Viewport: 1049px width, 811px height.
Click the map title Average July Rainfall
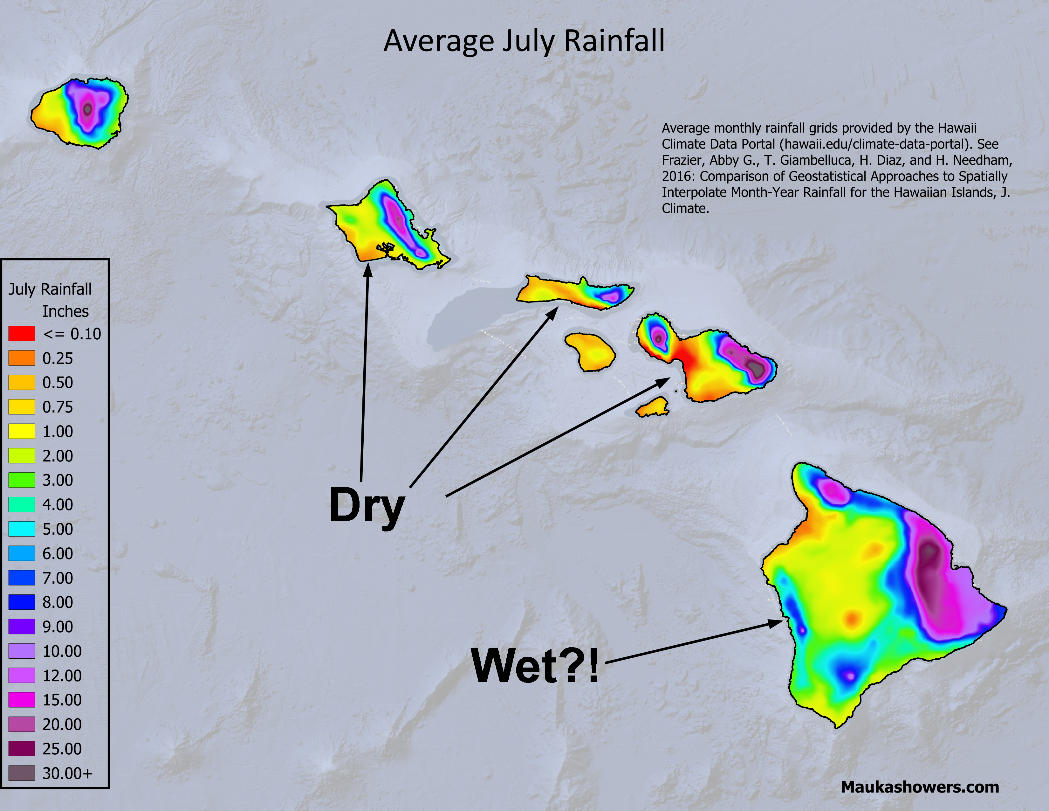pyautogui.click(x=524, y=41)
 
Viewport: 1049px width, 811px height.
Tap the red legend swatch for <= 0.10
pyautogui.click(x=22, y=333)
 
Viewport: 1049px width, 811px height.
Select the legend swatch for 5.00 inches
pyautogui.click(x=22, y=529)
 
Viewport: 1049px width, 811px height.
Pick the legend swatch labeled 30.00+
pyautogui.click(x=22, y=773)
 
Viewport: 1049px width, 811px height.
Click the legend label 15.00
pyautogui.click(x=62, y=700)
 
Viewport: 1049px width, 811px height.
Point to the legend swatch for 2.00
pyautogui.click(x=22, y=455)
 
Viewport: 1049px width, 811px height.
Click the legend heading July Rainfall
pyautogui.click(x=50, y=289)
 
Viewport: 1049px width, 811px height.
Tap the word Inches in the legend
pyautogui.click(x=65, y=311)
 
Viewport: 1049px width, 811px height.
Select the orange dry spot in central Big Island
pyautogui.click(x=852, y=618)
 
